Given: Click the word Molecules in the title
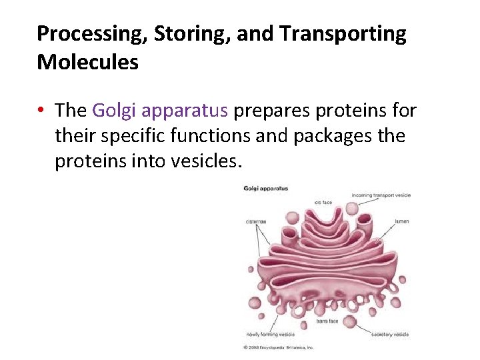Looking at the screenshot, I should pyautogui.click(x=87, y=62).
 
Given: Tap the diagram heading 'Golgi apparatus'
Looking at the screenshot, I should pyautogui.click(x=266, y=189).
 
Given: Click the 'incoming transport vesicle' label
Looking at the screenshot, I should pyautogui.click(x=381, y=195).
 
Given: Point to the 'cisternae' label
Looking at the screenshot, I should pyautogui.click(x=257, y=221).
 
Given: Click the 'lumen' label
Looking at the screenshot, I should pyautogui.click(x=401, y=221).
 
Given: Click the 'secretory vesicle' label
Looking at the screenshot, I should pyautogui.click(x=389, y=334).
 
